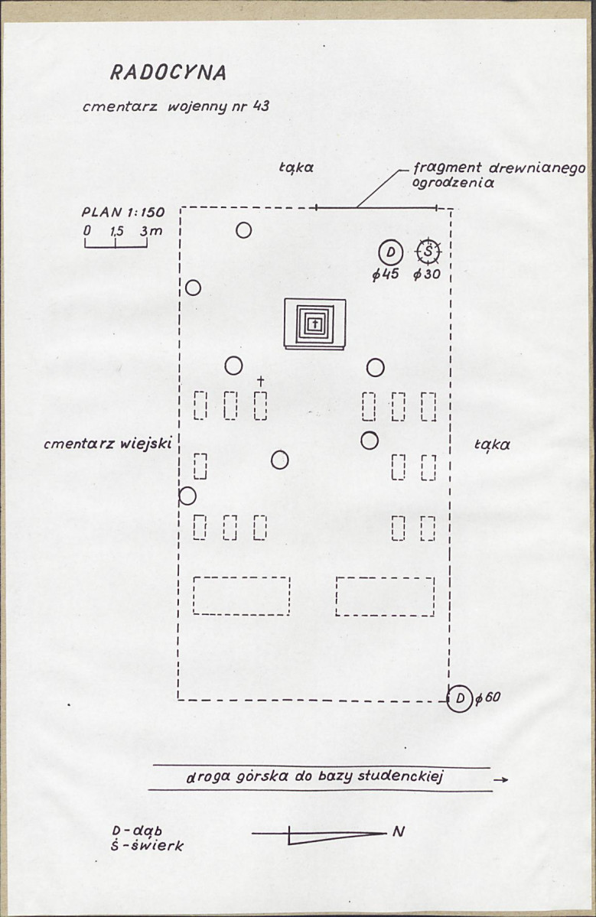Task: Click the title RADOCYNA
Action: (x=168, y=72)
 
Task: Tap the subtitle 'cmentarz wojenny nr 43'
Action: (x=176, y=107)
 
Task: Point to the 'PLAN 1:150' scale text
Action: (x=123, y=212)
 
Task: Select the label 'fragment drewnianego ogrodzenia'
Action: (x=499, y=175)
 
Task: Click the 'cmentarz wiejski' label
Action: (x=108, y=444)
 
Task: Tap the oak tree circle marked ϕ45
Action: (x=391, y=252)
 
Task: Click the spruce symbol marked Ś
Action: (x=429, y=252)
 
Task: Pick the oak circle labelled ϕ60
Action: (x=460, y=698)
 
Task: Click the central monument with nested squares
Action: (x=314, y=324)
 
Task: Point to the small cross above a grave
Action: (x=260, y=382)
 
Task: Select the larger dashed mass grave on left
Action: (x=242, y=596)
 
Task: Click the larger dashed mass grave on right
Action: (x=385, y=597)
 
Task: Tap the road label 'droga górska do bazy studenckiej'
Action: (x=314, y=777)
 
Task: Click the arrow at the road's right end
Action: (x=500, y=779)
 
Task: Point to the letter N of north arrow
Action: (x=399, y=831)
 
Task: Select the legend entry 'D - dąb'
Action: (x=138, y=831)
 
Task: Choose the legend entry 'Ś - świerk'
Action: (x=148, y=846)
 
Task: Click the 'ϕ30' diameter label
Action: (x=427, y=275)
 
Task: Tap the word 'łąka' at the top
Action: (x=296, y=167)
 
